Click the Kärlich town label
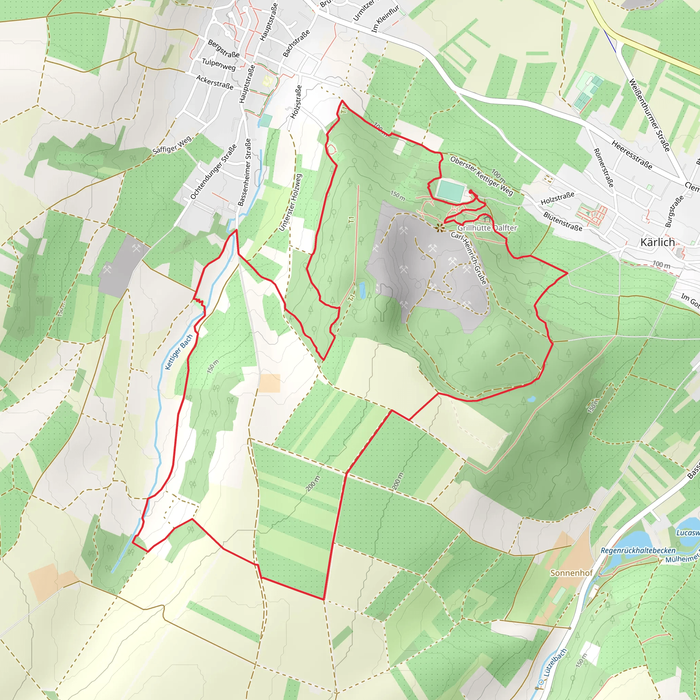coord(657,242)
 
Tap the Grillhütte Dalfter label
coord(487,228)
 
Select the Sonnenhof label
coord(571,573)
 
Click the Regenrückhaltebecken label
coord(638,550)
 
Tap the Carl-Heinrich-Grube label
coord(469,258)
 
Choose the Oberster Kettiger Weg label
coord(482,176)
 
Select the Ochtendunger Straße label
coord(213,172)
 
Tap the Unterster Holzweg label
coord(290,202)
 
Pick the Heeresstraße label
coord(632,155)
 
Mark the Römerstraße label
coord(603,168)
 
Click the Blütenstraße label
coord(563,221)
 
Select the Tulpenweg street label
coord(218,65)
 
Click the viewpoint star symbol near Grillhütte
coord(440,228)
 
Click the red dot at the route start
coord(470,191)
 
